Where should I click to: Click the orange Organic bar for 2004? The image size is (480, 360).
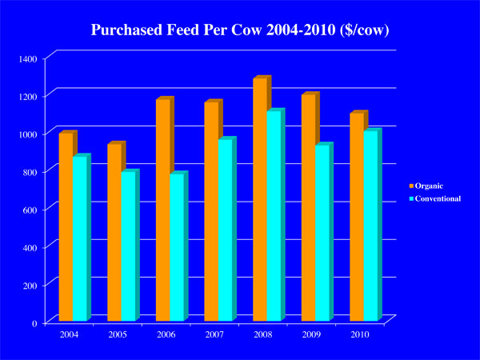click(x=66, y=228)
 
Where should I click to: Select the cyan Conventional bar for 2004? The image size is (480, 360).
click(x=80, y=240)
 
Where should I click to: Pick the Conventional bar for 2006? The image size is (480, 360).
click(x=177, y=248)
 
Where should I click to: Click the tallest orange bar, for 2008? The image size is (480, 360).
click(x=260, y=200)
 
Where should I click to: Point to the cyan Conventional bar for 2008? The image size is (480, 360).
click(x=274, y=216)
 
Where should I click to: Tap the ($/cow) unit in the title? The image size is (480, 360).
click(x=360, y=31)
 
